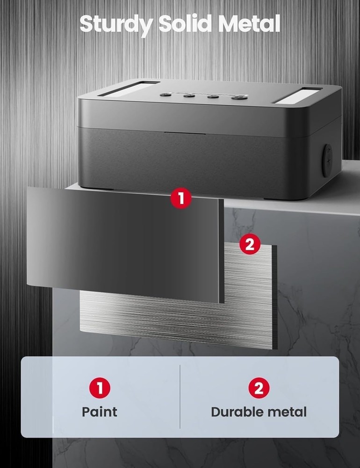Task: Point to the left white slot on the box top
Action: click(x=125, y=88)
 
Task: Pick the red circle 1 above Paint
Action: click(x=100, y=388)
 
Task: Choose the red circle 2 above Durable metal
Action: click(x=259, y=388)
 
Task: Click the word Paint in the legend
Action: click(x=100, y=412)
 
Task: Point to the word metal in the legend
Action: click(x=289, y=412)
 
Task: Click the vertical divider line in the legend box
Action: click(x=180, y=397)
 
